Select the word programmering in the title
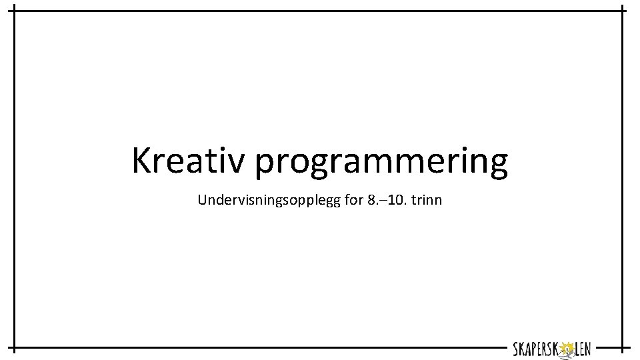(x=381, y=163)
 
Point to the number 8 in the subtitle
(x=371, y=199)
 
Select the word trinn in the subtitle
(x=427, y=199)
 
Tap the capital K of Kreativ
(x=143, y=161)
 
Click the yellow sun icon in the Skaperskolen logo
(x=567, y=348)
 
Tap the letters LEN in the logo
(x=582, y=348)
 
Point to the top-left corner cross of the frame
(x=15, y=11)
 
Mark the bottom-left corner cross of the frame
(x=15, y=348)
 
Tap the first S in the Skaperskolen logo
(x=516, y=348)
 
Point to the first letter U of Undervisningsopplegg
(x=203, y=199)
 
